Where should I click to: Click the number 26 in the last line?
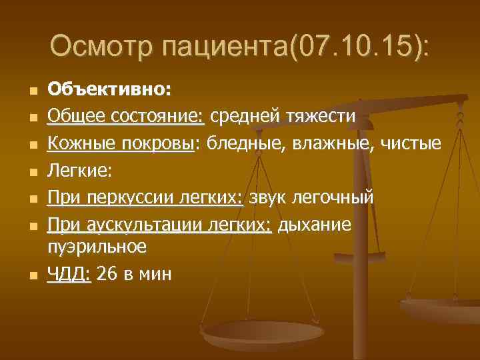pos(105,273)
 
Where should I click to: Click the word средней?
pos(243,117)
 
